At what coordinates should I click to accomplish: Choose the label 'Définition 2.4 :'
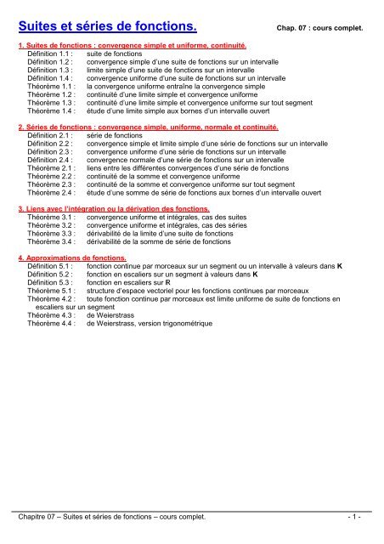[x=50, y=159]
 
